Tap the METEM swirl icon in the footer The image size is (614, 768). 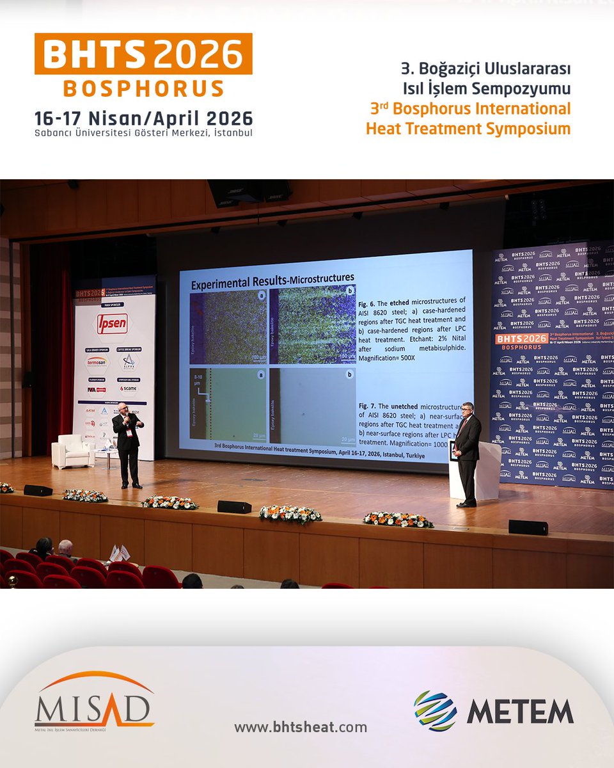(435, 711)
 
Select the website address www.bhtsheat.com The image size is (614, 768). (301, 727)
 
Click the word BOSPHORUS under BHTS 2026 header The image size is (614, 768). (143, 88)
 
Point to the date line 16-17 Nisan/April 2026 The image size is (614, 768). (144, 118)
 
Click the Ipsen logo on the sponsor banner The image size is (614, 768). (112, 324)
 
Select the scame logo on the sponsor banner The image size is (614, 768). (128, 388)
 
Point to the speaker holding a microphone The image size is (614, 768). (128, 443)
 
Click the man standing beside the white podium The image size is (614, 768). (468, 451)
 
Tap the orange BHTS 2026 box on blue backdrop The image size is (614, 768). (521, 339)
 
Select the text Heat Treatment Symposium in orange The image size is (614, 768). (468, 129)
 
